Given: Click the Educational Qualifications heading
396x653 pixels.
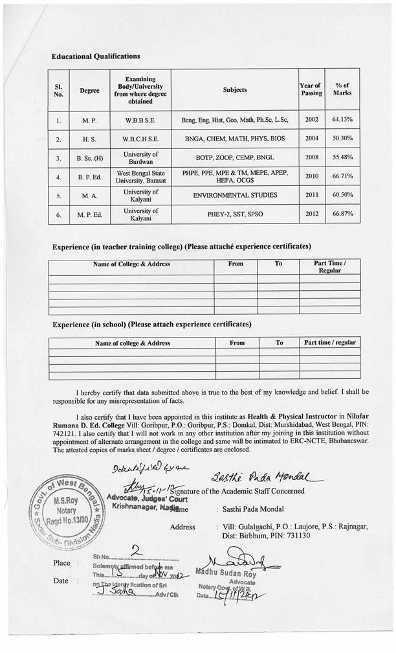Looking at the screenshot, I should click(x=96, y=57).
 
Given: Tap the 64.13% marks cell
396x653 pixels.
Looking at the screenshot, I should click(x=342, y=120).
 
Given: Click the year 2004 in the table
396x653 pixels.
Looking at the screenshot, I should click(x=311, y=139).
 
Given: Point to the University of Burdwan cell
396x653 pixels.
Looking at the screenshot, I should click(x=140, y=157).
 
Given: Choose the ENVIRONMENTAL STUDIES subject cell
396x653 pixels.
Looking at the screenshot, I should click(x=234, y=195).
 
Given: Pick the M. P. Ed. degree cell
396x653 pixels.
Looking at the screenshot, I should click(x=89, y=214).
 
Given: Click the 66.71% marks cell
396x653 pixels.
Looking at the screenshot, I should click(x=342, y=176).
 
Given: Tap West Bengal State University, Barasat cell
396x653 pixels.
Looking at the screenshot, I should click(x=140, y=176).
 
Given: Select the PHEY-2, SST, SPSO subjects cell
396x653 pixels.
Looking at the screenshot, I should click(x=234, y=214).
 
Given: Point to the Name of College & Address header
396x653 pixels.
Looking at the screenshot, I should click(x=131, y=264).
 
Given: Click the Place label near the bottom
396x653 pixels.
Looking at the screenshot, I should click(x=61, y=563).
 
